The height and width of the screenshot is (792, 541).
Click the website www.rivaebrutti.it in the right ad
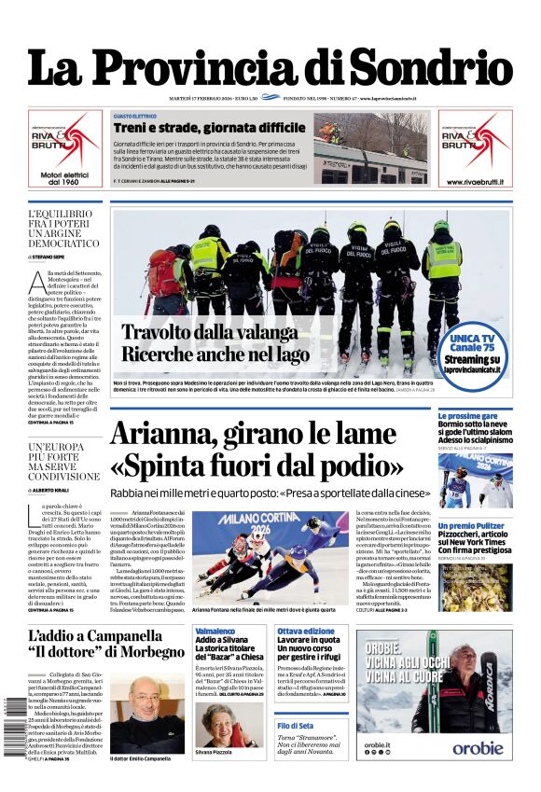point(475,181)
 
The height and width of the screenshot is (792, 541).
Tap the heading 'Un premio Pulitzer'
point(472,526)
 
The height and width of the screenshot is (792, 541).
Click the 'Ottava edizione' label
point(300,632)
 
